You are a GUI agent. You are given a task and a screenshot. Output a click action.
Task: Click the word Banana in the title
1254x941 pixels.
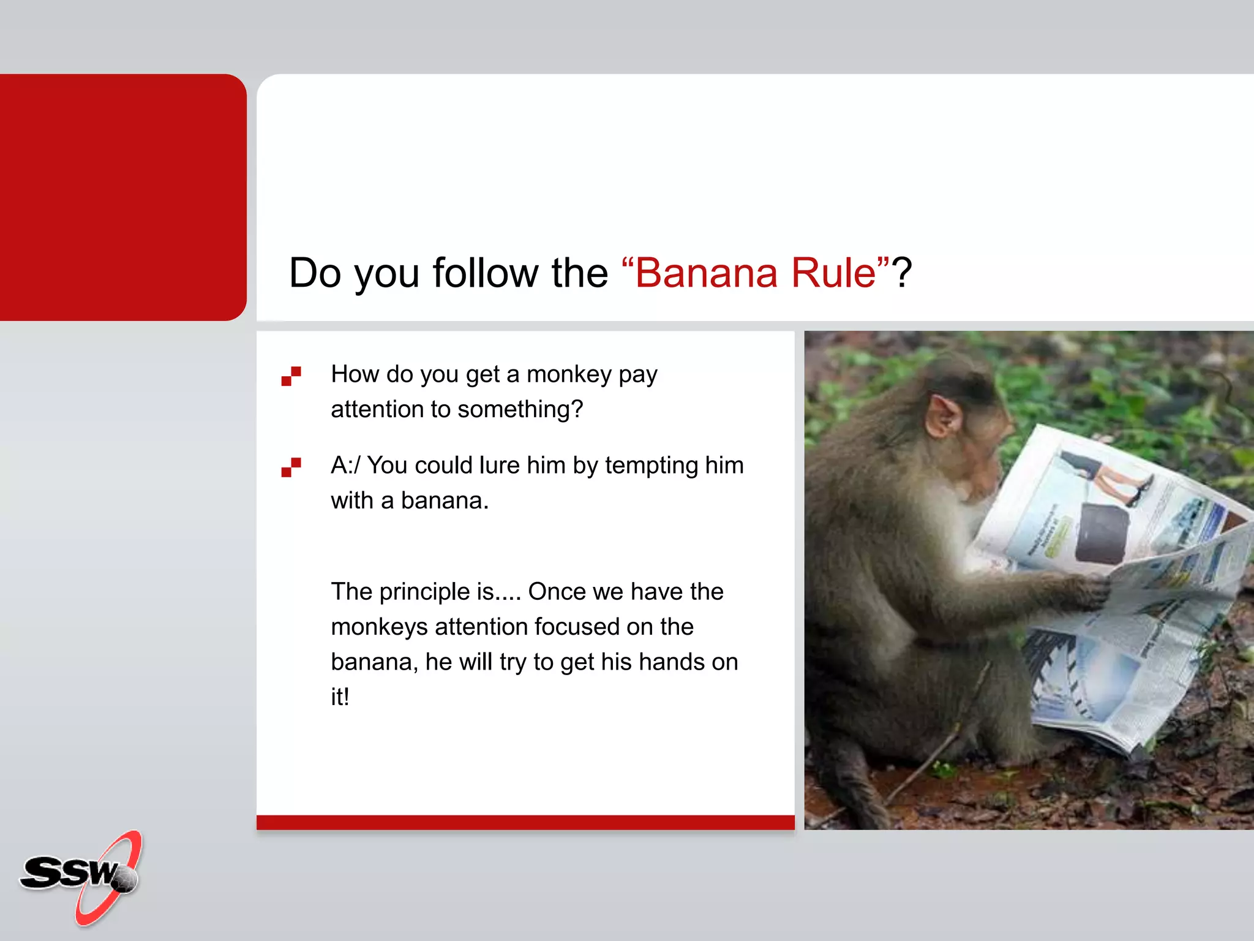pos(705,273)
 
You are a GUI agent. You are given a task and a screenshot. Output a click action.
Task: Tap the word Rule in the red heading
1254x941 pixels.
pos(834,273)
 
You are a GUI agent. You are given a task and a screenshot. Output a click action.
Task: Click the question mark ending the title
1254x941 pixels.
pos(902,273)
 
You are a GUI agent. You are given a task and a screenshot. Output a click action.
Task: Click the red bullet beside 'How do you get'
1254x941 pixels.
pos(291,376)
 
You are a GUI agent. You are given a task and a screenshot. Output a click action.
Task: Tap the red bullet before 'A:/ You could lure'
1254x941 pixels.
pos(291,467)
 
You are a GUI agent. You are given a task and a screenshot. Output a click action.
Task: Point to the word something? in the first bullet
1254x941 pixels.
pos(520,409)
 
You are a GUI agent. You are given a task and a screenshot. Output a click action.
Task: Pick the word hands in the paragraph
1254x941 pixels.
pos(670,662)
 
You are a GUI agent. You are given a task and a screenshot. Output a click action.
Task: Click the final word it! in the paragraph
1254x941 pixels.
pos(340,697)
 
